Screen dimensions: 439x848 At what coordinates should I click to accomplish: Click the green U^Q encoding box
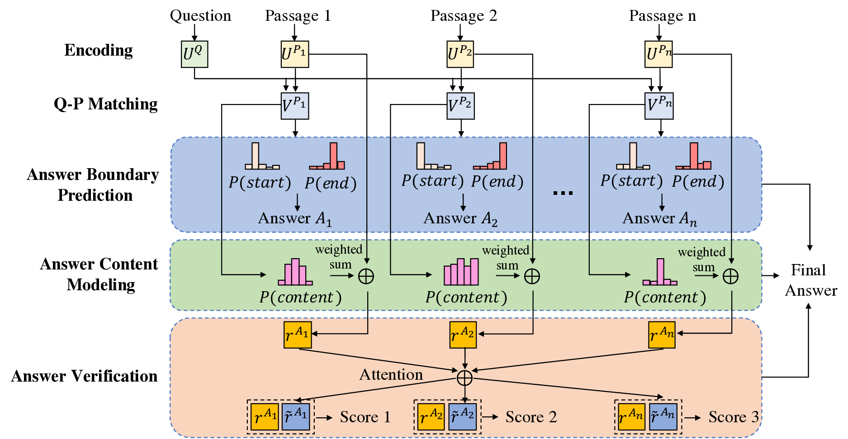pyautogui.click(x=194, y=54)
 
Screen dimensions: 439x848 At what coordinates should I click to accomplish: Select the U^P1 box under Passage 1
pyautogui.click(x=295, y=54)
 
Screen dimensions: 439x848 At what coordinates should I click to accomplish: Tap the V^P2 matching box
pyautogui.click(x=460, y=106)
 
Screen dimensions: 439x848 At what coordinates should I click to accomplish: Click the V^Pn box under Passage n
pyautogui.click(x=659, y=106)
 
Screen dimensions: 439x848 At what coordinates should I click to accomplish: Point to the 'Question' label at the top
pyautogui.click(x=200, y=16)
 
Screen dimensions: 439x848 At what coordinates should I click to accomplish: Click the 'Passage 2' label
pyautogui.click(x=464, y=16)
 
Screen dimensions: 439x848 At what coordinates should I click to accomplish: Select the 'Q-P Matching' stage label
pyautogui.click(x=105, y=104)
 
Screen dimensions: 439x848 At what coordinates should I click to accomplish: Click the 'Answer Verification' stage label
pyautogui.click(x=84, y=376)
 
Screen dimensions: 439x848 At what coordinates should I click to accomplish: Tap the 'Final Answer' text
pyautogui.click(x=810, y=280)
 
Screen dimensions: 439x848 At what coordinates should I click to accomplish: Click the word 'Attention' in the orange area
pyautogui.click(x=391, y=374)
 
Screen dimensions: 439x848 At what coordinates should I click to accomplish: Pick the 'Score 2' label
pyautogui.click(x=531, y=417)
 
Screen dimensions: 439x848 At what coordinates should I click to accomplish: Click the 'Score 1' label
pyautogui.click(x=365, y=417)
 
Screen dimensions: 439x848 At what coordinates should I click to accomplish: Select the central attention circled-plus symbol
pyautogui.click(x=464, y=378)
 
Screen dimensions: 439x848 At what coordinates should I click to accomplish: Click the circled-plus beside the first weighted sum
pyautogui.click(x=366, y=276)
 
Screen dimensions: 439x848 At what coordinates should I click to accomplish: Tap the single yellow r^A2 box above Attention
pyautogui.click(x=463, y=335)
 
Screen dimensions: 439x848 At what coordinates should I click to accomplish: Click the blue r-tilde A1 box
pyautogui.click(x=295, y=417)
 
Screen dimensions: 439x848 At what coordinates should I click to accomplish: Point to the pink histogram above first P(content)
pyautogui.click(x=295, y=273)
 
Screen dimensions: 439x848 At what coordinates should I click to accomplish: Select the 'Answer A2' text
pyautogui.click(x=460, y=219)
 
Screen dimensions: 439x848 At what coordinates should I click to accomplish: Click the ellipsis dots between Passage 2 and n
pyautogui.click(x=563, y=193)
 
